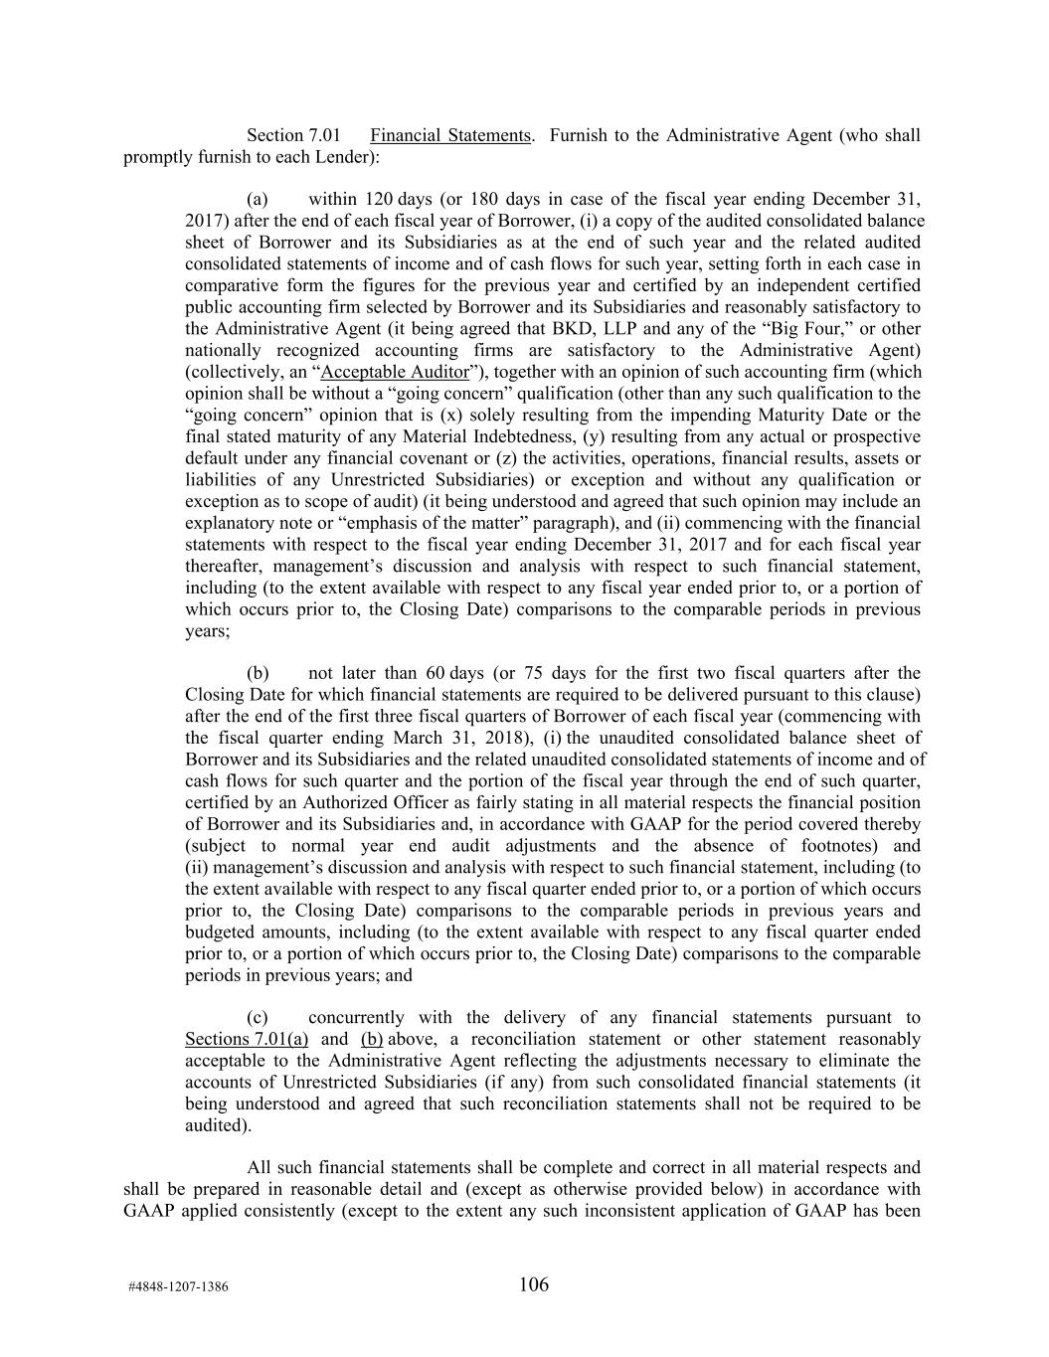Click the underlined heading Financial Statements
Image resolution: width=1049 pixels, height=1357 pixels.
pos(449,135)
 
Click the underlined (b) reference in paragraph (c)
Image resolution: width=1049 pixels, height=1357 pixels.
pos(372,1040)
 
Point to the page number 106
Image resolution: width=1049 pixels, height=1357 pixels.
pos(534,1285)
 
